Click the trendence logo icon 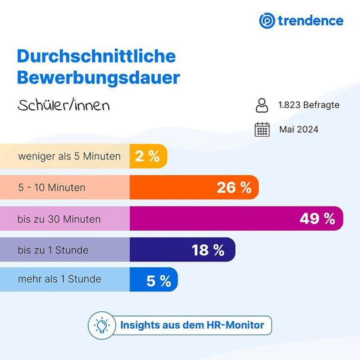tap(267, 20)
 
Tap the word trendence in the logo tap(311, 20)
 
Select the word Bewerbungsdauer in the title tap(98, 77)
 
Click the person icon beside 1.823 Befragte tap(262, 105)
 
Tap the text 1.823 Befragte tap(309, 105)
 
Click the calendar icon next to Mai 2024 tap(262, 129)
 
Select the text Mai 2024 tap(299, 129)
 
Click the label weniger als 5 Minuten tap(69, 157)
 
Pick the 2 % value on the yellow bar tap(147, 157)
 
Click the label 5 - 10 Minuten tap(52, 187)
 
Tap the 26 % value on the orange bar tap(234, 187)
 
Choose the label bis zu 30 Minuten tap(60, 219)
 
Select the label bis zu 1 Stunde tap(53, 249)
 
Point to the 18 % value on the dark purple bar tap(208, 250)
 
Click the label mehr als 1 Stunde tap(60, 279)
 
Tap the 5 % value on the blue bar tap(158, 281)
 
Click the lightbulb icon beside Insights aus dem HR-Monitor tap(102, 325)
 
